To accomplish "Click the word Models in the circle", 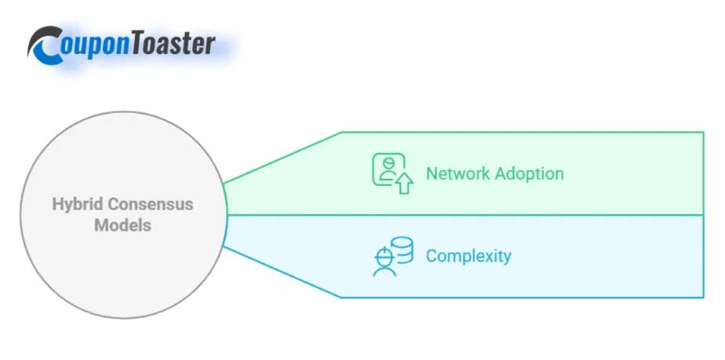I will pyautogui.click(x=123, y=226).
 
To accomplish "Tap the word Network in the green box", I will pyautogui.click(x=458, y=173).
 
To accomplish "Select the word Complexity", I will pyautogui.click(x=468, y=256).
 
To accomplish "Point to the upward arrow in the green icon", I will pyautogui.click(x=404, y=184).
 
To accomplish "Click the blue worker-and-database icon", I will pyautogui.click(x=392, y=256).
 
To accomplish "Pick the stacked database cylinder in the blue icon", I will pyautogui.click(x=403, y=249).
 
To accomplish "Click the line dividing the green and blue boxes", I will pyautogui.click(x=471, y=215).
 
